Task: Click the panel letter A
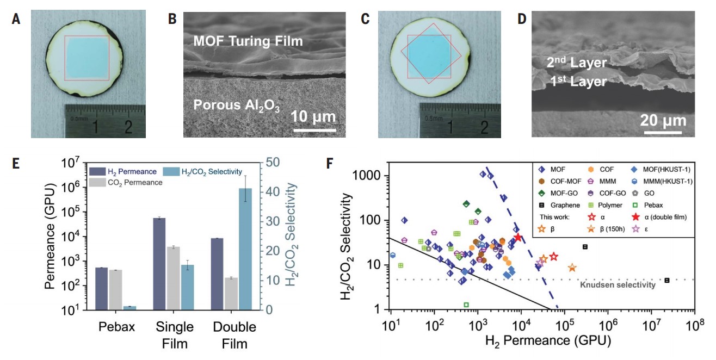(16, 20)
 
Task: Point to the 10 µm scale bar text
(308, 117)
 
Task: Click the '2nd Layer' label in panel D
(577, 63)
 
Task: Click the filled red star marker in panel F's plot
(518, 237)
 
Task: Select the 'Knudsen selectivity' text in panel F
(618, 284)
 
